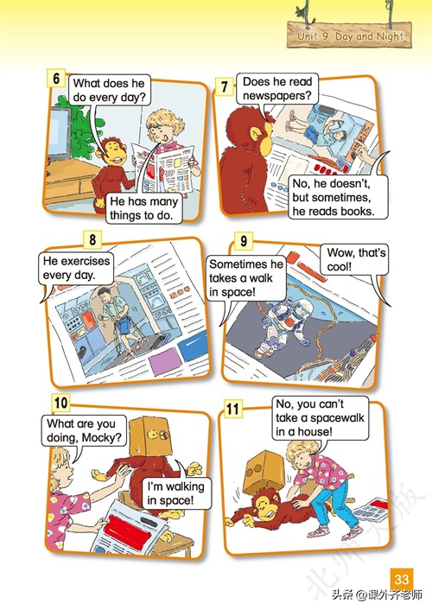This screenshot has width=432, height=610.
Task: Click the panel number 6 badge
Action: [56, 79]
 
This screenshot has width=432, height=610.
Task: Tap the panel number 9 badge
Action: [244, 241]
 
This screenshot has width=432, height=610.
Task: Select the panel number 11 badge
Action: [232, 409]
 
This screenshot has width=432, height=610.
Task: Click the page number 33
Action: [401, 579]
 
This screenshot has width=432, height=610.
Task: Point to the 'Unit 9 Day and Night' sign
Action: [349, 35]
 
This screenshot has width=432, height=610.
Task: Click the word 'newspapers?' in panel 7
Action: [277, 95]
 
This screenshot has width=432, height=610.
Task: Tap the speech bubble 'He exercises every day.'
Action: [76, 268]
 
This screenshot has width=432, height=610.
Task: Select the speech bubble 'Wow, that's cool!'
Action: [354, 260]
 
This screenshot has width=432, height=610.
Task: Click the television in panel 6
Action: [58, 133]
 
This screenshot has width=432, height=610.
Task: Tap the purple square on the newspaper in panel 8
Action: [165, 361]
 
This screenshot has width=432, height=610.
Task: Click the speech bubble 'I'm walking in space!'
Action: [175, 493]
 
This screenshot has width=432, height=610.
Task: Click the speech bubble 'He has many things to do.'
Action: [144, 208]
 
